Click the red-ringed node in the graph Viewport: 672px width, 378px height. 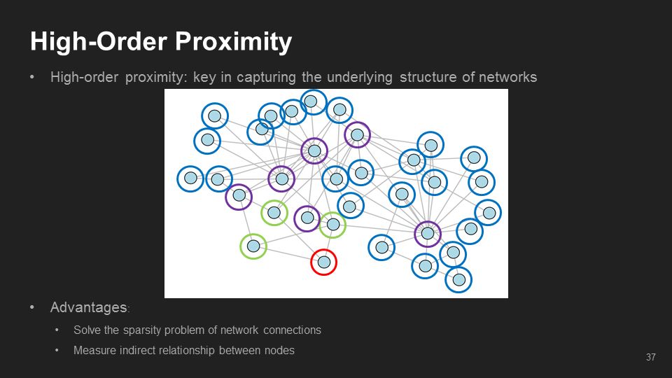[324, 262]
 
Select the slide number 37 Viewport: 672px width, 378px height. [651, 358]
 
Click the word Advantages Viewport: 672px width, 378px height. [89, 307]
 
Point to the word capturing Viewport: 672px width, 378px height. [266, 77]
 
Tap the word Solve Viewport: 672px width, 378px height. [87, 330]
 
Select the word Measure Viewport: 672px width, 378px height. [93, 350]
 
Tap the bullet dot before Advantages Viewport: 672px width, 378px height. [32, 307]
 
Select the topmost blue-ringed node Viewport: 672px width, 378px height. [314, 102]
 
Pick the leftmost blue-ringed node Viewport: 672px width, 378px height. [190, 178]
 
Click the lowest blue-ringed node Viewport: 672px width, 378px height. [458, 279]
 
